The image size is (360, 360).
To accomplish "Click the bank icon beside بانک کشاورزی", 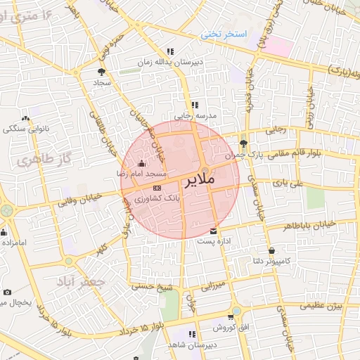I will [156, 188].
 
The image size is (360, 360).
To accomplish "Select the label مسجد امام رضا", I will [141, 173].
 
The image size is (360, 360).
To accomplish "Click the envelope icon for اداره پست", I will [214, 231].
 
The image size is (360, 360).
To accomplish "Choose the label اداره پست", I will [213, 241].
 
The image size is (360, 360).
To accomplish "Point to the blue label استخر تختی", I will [218, 33].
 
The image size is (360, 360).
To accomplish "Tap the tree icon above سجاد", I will [101, 71].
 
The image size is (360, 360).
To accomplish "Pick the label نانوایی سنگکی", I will [25, 129].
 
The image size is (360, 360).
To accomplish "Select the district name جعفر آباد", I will [84, 281].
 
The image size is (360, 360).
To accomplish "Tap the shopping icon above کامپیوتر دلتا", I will [271, 250].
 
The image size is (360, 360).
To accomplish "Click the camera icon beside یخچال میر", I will [7, 292].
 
